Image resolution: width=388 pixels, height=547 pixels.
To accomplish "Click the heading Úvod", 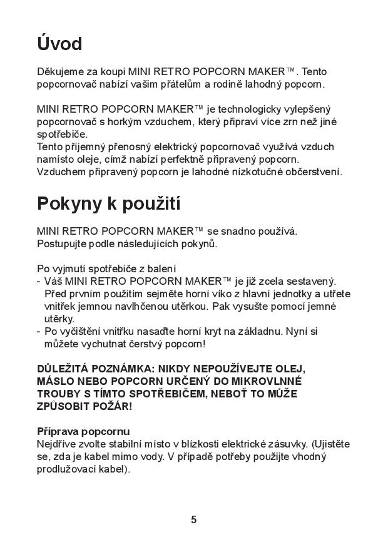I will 59,44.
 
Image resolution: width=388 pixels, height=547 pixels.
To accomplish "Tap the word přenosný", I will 118,146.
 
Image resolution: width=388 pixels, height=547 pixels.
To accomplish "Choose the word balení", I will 161,269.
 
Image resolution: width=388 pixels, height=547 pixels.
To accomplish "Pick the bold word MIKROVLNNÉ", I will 265,381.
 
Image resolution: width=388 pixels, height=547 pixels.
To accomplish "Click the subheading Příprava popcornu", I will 83,431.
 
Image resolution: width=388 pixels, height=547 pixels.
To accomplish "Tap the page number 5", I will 193,519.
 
